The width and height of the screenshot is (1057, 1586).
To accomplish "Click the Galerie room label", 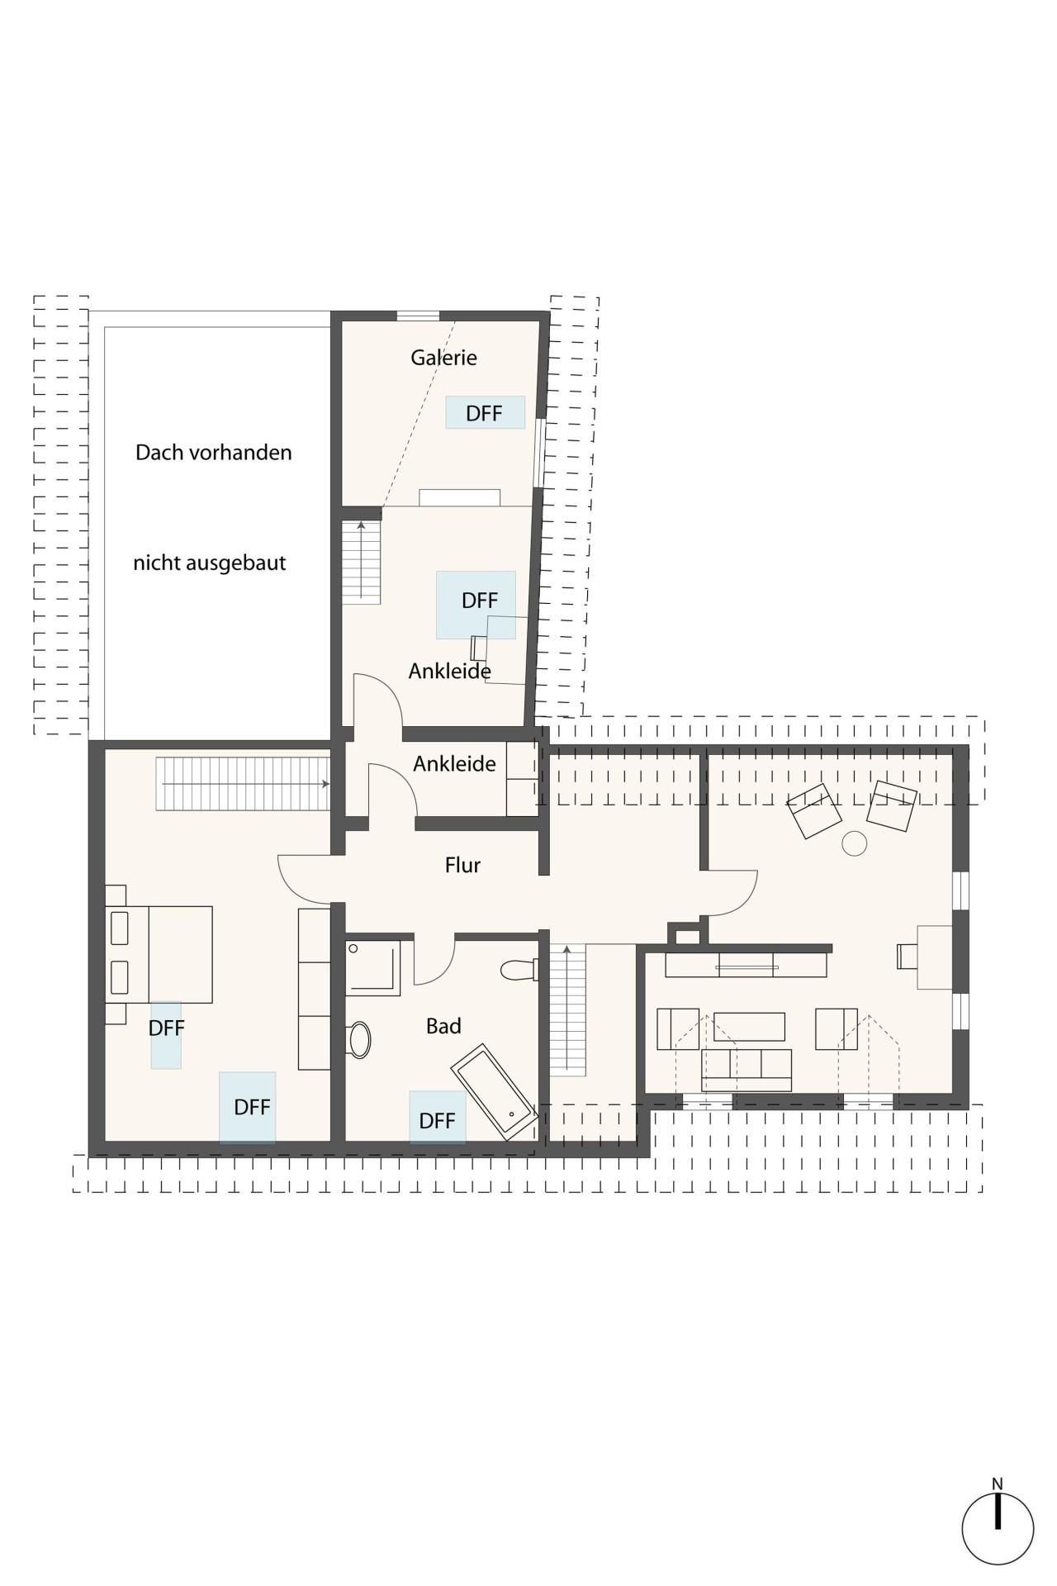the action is point(443,358).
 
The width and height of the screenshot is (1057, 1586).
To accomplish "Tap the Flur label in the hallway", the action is point(462,865).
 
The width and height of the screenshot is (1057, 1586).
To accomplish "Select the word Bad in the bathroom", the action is point(443,1026).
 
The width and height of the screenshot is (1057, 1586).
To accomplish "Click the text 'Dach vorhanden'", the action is point(213,453).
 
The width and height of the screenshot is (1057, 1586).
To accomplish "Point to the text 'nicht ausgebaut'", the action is point(210,563).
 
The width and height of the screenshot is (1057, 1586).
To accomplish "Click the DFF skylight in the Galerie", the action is point(486,412).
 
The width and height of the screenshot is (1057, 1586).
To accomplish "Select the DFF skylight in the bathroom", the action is point(438,1118).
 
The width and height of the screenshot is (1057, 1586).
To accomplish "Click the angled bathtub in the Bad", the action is point(495,1092).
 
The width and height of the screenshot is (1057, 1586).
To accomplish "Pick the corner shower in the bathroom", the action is point(373,968).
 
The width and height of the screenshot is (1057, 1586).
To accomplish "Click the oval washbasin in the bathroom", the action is point(359,1040).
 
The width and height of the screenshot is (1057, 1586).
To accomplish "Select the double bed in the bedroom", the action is point(159,954).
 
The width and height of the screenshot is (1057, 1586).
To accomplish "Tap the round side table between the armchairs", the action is point(855,843).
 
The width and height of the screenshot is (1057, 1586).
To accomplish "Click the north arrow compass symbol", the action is point(998,1528).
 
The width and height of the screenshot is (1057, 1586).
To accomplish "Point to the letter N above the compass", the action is point(998,1484).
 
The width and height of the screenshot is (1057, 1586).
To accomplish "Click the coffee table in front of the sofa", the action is point(749,1027).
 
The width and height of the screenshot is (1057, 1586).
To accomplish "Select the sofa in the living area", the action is point(747,1070).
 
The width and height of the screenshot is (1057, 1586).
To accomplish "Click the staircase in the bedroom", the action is point(244,784).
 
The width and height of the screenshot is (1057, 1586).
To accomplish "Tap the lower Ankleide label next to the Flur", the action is point(455,764).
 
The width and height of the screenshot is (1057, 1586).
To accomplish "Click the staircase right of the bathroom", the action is point(567,1009).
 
